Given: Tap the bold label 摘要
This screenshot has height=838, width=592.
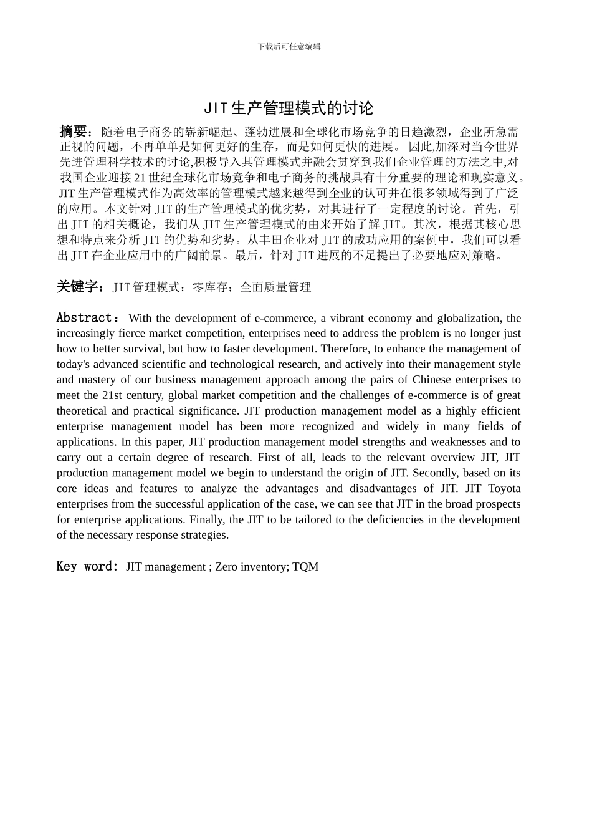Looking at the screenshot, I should pos(73,132).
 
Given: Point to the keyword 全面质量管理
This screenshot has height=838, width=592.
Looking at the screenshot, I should pos(275,287).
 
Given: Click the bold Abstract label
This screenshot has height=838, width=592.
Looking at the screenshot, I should pos(84,318).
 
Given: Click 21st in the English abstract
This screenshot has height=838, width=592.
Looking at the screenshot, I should pos(112,395).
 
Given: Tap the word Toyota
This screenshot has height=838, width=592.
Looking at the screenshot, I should pos(505,488).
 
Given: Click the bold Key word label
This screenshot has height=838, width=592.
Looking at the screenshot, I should pos(87,566).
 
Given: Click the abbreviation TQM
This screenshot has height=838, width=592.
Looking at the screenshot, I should pos(305,567).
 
